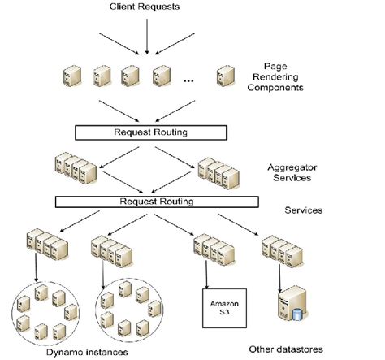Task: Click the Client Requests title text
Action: tap(143, 7)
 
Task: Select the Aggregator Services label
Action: tap(291, 171)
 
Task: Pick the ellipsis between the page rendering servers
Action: tap(188, 80)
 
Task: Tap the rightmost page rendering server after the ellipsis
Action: tap(222, 77)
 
